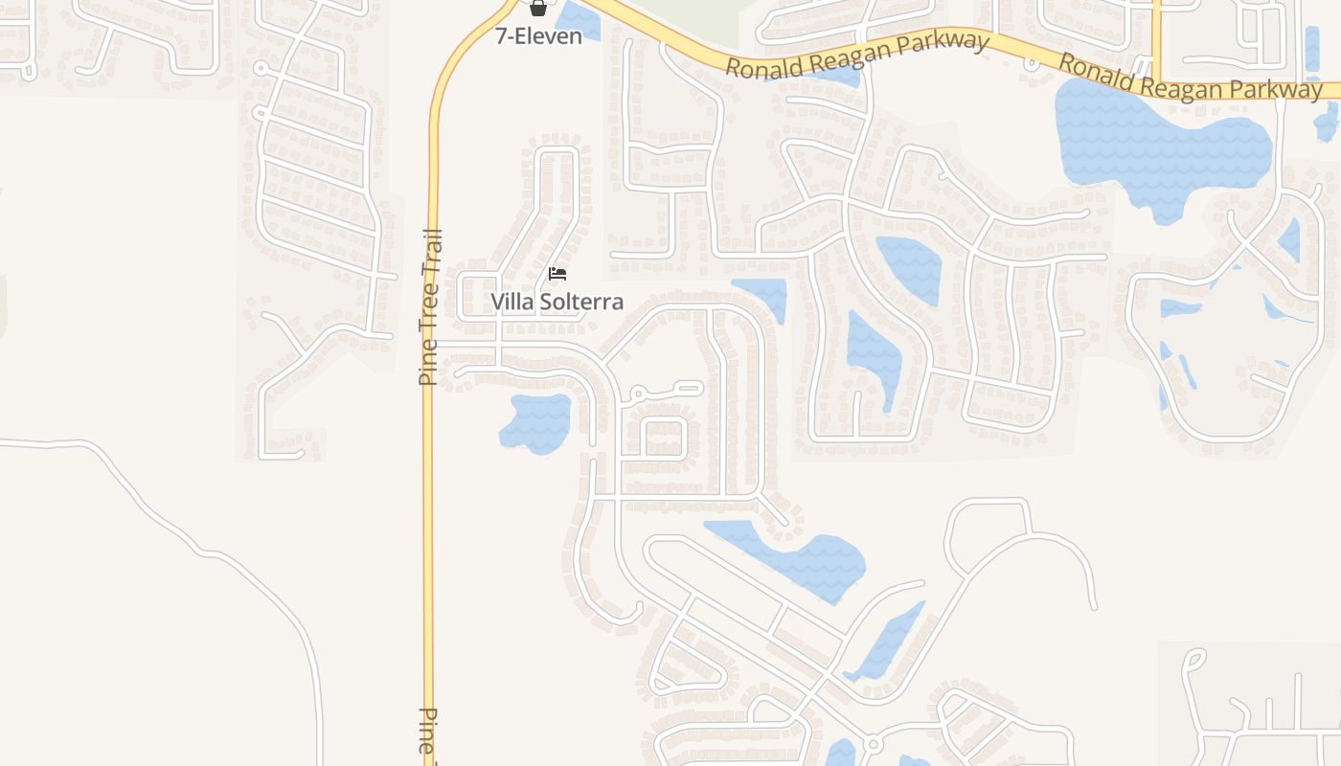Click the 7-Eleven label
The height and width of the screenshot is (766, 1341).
pos(538,36)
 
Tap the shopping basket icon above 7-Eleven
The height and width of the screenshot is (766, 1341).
pos(538,9)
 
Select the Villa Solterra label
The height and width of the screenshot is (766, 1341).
pos(557,302)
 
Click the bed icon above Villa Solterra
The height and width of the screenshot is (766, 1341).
pos(557,274)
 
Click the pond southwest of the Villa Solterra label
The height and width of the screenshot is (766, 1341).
pos(536,421)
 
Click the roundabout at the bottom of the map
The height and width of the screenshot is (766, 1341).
pos(872,744)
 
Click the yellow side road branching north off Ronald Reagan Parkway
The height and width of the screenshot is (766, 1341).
pos(1156,38)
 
